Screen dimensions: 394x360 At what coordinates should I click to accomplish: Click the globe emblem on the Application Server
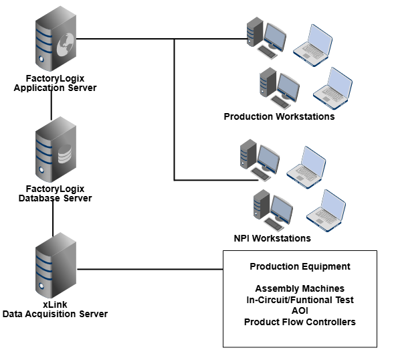click(66, 45)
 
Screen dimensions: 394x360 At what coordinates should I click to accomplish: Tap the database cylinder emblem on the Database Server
click(65, 154)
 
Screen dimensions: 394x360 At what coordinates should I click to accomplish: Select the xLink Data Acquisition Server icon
click(56, 265)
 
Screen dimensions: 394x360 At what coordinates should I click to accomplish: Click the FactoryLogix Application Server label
click(55, 83)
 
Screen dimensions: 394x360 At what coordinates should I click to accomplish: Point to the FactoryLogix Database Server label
click(55, 193)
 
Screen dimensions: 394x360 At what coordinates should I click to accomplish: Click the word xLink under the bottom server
click(55, 304)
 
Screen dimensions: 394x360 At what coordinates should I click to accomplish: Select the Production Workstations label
click(279, 116)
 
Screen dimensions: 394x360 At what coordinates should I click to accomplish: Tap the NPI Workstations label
click(272, 238)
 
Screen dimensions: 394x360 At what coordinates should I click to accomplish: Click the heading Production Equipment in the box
click(300, 266)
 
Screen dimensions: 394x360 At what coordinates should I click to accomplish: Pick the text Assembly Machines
click(300, 288)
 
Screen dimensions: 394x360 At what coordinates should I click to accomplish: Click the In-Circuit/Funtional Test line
click(300, 300)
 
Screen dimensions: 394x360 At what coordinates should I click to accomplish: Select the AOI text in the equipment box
click(300, 311)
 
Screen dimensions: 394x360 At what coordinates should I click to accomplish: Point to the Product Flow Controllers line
click(300, 322)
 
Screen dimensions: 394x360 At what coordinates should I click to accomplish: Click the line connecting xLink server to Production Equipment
click(150, 269)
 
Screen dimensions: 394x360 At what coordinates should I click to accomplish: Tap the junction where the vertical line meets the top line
click(175, 39)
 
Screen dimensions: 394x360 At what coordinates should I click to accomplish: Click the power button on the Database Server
click(41, 171)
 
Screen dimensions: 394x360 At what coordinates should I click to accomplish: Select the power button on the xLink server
click(41, 286)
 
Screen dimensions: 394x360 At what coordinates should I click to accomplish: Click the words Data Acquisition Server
click(55, 314)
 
